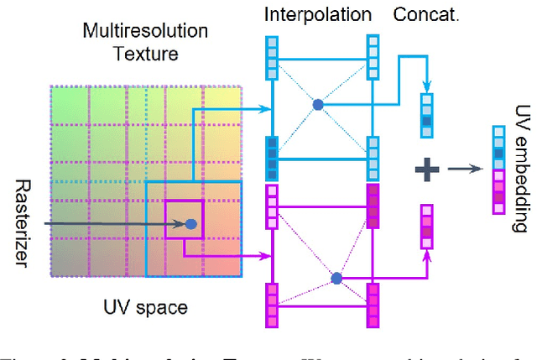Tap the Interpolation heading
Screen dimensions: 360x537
click(x=317, y=14)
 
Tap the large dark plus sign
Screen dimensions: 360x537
click(x=428, y=170)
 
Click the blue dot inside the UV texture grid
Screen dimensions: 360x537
click(x=190, y=224)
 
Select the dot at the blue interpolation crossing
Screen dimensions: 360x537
click(x=318, y=105)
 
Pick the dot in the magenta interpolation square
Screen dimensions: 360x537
click(x=336, y=277)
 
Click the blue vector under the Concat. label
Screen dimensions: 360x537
click(x=428, y=115)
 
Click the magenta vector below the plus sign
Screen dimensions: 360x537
click(x=428, y=226)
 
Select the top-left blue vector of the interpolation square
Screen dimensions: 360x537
click(x=272, y=57)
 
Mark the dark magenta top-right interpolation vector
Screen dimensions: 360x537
click(x=373, y=206)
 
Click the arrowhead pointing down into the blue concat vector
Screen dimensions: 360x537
click(x=428, y=88)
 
